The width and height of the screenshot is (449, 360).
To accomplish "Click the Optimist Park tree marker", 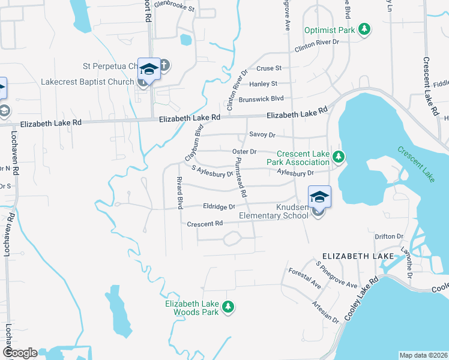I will tap(364, 29).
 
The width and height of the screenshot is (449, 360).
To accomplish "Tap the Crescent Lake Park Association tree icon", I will tap(339, 157).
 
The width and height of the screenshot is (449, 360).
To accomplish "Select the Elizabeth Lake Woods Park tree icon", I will tap(228, 307).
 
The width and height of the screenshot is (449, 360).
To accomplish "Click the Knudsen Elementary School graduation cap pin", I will tap(319, 197).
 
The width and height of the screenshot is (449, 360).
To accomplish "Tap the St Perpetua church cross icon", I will tap(163, 65).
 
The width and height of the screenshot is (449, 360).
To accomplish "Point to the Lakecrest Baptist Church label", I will tap(86, 81).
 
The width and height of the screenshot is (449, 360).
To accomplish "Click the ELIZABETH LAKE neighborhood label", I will tap(354, 256).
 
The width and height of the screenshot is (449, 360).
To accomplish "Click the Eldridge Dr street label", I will tap(219, 206).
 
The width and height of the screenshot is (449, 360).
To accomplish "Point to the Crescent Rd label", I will tap(205, 224).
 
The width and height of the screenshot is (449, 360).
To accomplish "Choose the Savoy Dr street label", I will tap(263, 135).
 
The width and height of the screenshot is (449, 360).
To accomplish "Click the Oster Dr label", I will tap(245, 151).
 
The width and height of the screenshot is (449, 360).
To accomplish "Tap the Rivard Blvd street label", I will tap(179, 193).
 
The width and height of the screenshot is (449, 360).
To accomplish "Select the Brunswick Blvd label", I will tap(261, 98).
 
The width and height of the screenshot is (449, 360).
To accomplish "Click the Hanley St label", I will tap(264, 83).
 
